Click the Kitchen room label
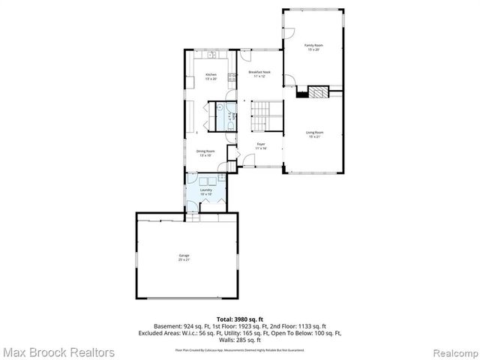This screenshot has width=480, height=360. click(211, 76)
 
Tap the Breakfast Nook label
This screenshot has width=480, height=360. click(260, 73)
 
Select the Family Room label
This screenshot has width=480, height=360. click(312, 47)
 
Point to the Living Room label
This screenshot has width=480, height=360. click(314, 134)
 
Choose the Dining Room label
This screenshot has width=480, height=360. click(205, 153)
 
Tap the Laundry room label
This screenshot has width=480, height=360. click(205, 191)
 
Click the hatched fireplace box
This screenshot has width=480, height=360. click(319, 93)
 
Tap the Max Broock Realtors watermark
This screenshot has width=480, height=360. click(58, 352)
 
